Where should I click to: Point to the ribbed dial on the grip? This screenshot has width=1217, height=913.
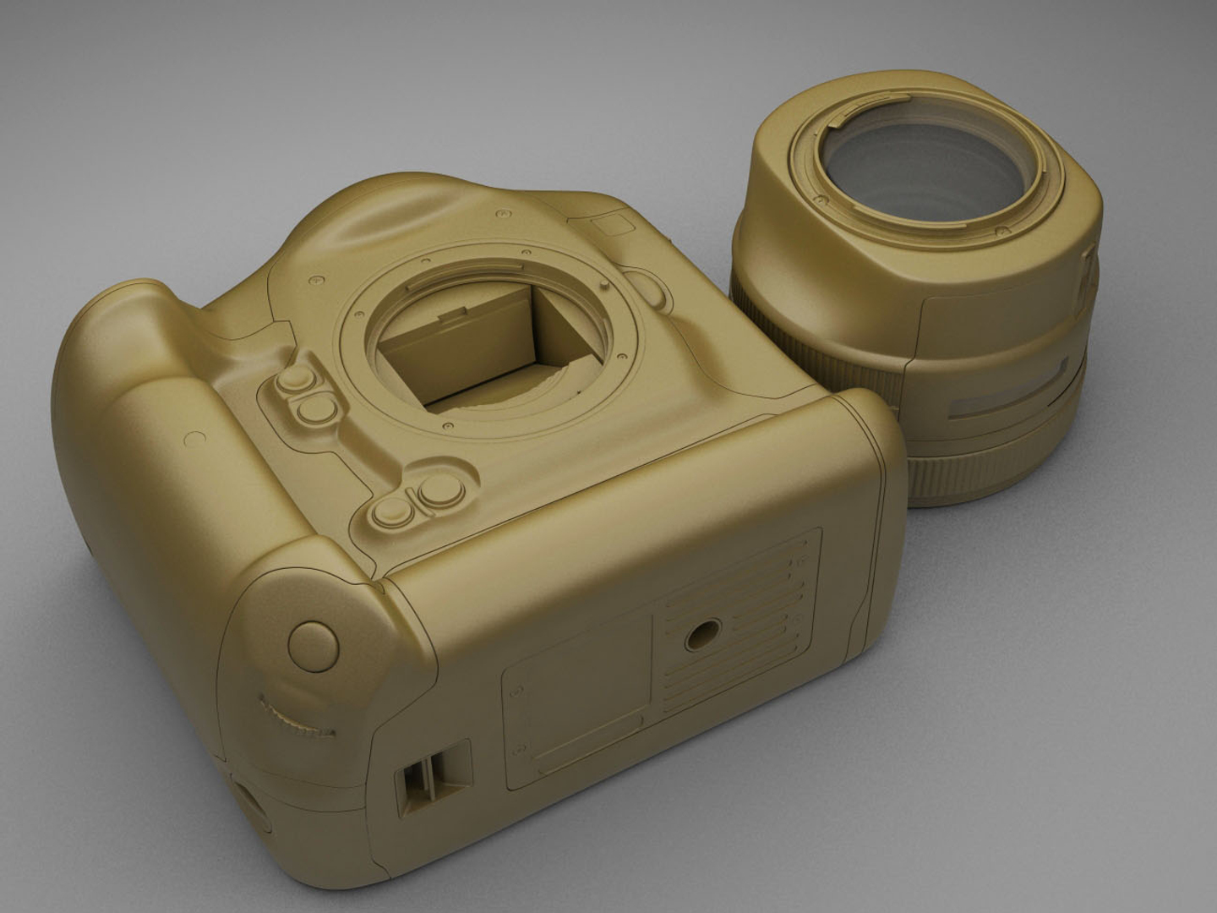[295, 719]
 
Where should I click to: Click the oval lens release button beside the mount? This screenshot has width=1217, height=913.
[652, 287]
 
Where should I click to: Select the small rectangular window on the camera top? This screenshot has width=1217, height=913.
[614, 223]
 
